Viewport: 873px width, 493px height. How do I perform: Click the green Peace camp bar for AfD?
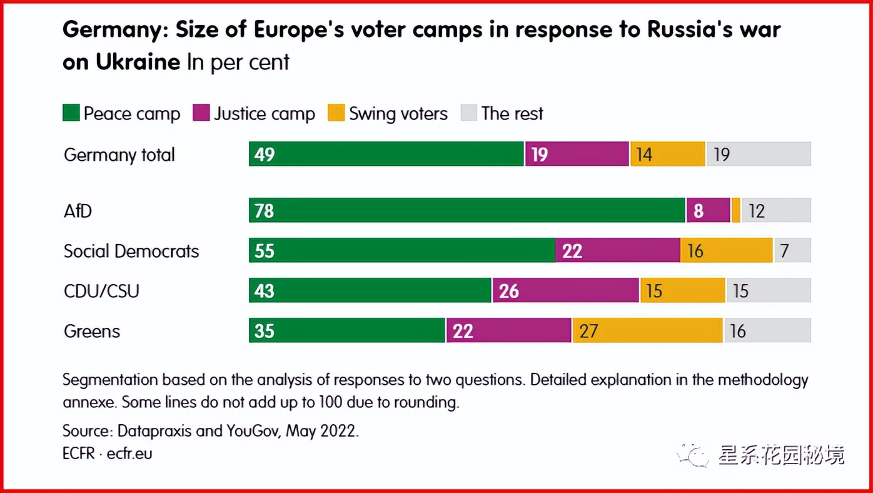tap(467, 210)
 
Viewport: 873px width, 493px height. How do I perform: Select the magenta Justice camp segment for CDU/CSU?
tap(565, 290)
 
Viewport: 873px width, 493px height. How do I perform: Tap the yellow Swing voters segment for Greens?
tap(647, 330)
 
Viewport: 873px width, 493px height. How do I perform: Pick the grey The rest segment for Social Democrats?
tap(792, 250)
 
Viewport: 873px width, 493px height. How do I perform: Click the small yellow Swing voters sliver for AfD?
tap(736, 210)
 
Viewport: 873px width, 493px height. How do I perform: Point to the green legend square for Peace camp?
tap(71, 113)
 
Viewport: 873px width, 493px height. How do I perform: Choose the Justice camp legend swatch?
tap(201, 113)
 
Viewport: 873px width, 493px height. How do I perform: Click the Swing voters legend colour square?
tap(336, 113)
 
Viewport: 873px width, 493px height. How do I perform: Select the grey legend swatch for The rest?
tap(469, 113)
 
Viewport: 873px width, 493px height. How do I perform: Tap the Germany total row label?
tap(119, 155)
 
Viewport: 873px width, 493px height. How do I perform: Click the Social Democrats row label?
tap(131, 251)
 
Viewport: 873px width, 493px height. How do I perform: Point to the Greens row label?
tap(91, 331)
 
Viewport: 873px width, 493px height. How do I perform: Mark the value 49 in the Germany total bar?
tap(265, 155)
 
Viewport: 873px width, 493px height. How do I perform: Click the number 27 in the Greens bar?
tap(588, 331)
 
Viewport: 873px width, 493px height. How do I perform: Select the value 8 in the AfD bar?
tap(699, 211)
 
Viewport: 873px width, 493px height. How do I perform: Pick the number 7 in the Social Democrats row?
tap(785, 251)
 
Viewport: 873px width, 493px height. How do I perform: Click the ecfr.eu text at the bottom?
tap(129, 453)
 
